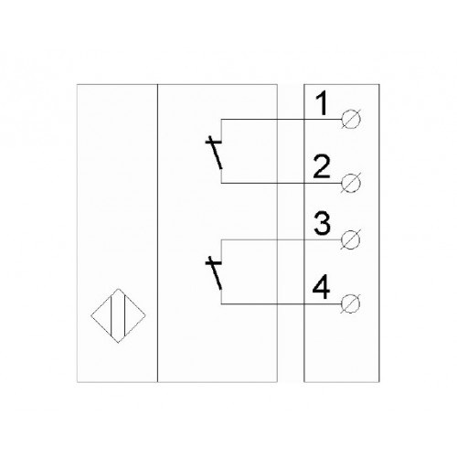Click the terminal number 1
coord(322,103)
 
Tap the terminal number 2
coord(322,166)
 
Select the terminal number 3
coord(323,224)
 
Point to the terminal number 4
coord(321,287)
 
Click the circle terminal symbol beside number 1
coord(351,119)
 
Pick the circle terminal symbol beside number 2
coord(351,183)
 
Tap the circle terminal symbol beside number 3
coord(351,239)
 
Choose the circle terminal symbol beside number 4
coord(351,303)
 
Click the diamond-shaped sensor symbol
coord(118,315)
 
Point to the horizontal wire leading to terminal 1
coord(281,119)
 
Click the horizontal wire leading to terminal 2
coord(281,183)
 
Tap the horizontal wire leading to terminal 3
coord(281,239)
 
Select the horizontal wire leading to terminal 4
coord(281,303)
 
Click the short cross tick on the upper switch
coord(213,142)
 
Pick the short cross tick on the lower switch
coord(213,262)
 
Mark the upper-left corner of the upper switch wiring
coord(221,119)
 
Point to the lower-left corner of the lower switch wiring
coord(221,303)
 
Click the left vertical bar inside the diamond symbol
coord(112,315)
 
